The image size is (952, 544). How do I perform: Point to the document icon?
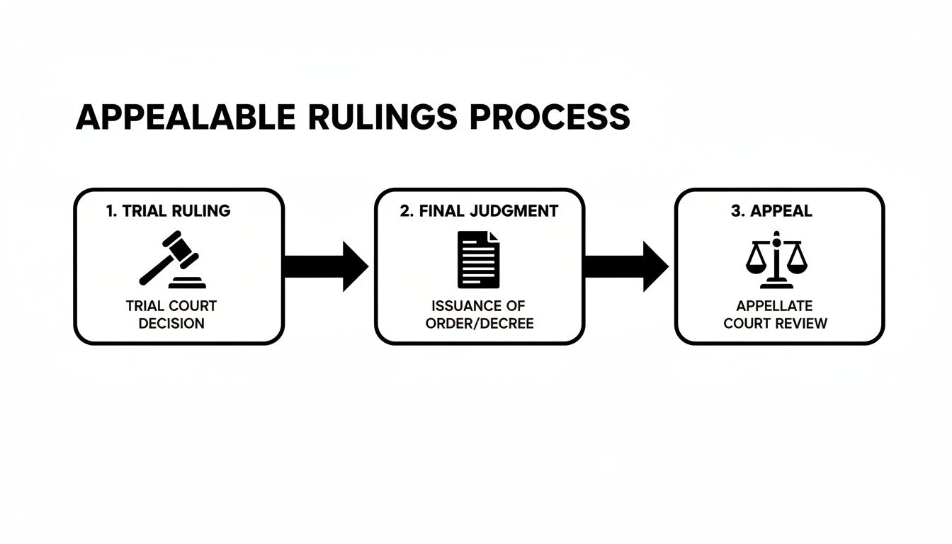(478, 259)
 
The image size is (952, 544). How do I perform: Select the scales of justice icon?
(776, 259)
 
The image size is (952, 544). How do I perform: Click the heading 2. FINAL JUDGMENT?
(479, 211)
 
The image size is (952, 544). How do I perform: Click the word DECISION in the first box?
(171, 324)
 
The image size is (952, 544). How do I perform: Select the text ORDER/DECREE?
(480, 324)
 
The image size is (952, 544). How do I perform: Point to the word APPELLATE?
(774, 306)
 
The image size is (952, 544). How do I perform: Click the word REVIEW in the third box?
(802, 324)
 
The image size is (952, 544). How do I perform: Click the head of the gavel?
(185, 248)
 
